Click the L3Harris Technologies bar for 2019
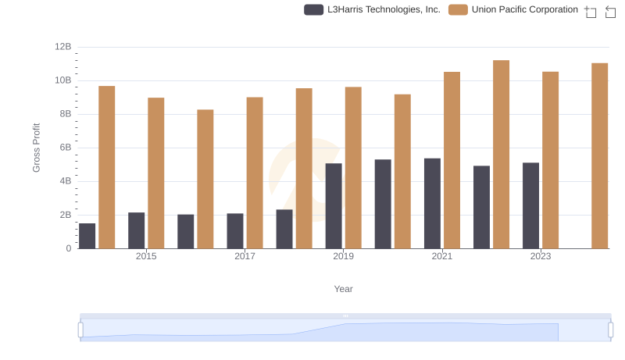334,206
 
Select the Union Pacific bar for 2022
502,155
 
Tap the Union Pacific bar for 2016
205,179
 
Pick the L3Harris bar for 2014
87,236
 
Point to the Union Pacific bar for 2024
600,156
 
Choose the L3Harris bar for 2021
432,204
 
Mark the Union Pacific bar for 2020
402,172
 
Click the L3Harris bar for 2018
284,229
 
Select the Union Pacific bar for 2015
156,173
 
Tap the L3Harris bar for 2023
531,205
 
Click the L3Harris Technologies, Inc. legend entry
373,9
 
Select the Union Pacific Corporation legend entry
514,9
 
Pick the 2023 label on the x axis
541,256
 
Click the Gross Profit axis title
37,148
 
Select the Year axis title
344,289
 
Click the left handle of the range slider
80,330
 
